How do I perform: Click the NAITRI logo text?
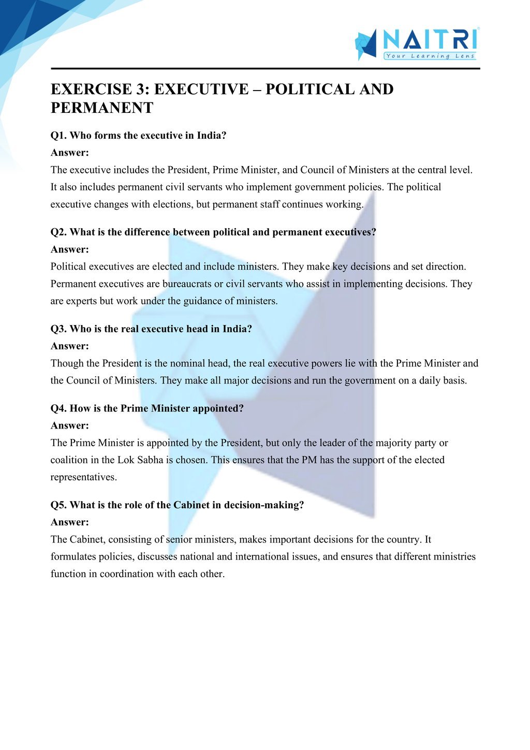[430, 40]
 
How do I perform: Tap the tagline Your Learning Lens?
[430, 56]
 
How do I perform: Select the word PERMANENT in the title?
[102, 108]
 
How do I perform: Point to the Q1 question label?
[58, 136]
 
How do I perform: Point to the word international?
[262, 556]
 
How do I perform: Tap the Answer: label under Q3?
[70, 346]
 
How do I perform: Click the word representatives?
[83, 477]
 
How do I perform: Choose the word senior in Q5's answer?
[179, 539]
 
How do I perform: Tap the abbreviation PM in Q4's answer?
[309, 460]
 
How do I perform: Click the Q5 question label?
[58, 505]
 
